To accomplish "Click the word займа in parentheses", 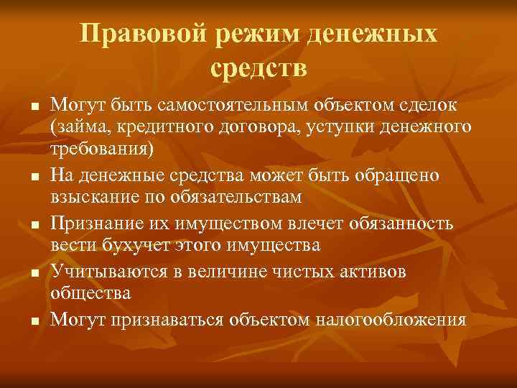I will tap(75, 127).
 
